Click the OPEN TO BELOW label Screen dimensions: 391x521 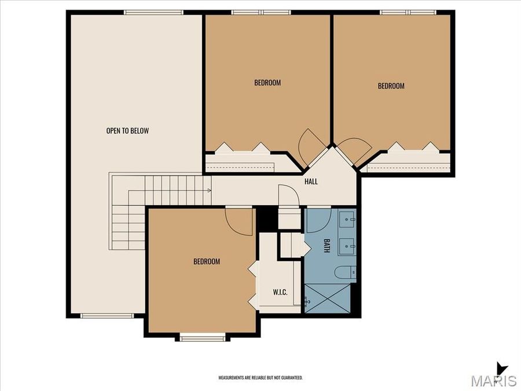pos(127,131)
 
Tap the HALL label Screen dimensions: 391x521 pos(311,181)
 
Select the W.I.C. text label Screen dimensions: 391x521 pos(280,291)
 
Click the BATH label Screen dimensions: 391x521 pos(326,246)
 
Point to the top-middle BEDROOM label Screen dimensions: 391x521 pos(267,83)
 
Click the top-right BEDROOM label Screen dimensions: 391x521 pos(391,86)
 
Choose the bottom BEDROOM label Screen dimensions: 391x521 pos(207,262)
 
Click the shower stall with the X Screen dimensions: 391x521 pos(328,298)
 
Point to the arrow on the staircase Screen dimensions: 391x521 pos(207,189)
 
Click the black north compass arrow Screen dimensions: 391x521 pos(501,368)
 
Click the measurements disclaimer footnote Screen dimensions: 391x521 pos(260,378)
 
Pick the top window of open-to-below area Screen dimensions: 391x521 pos(154,12)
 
